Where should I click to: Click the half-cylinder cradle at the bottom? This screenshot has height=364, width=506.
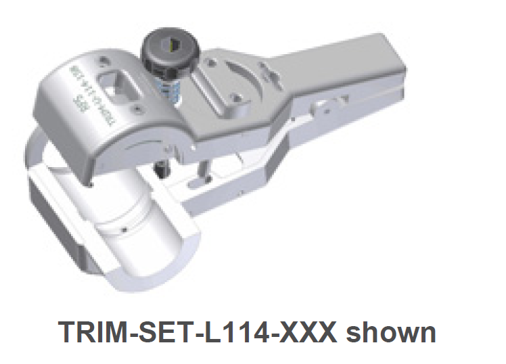tap(122, 230)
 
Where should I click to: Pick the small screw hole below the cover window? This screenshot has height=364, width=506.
tap(138, 107)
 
